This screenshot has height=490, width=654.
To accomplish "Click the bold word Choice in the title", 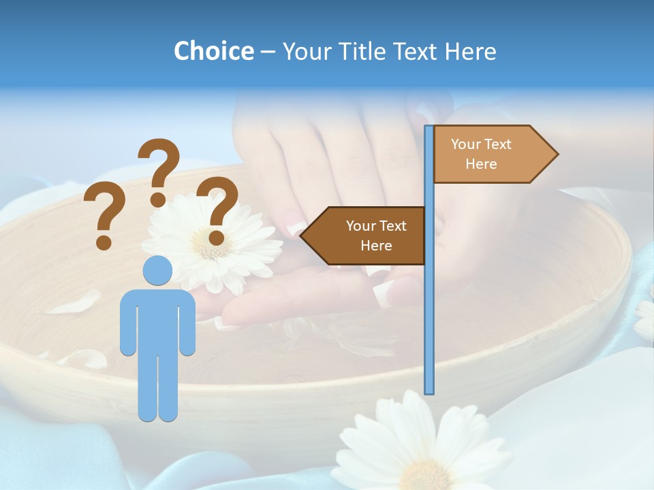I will (213, 51).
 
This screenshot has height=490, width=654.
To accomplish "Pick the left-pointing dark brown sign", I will (364, 235).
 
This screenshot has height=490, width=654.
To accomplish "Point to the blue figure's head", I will (157, 270).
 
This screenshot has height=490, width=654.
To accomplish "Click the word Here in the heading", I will (470, 51).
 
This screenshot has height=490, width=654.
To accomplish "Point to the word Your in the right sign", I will (465, 144).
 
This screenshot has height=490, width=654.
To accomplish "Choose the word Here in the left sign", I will (376, 246).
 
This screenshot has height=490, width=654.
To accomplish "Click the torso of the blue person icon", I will (157, 320).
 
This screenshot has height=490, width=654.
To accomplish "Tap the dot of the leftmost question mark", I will (104, 242).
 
